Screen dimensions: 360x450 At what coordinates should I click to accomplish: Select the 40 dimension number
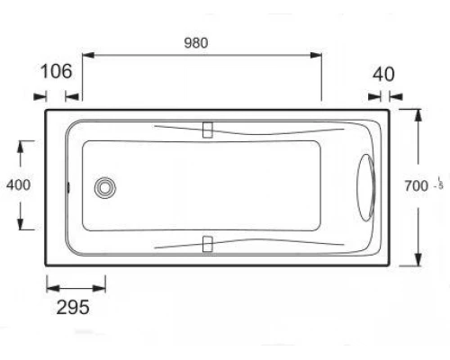point(384,74)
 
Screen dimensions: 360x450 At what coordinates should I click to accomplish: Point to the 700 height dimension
point(417,186)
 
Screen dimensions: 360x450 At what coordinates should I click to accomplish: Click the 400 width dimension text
point(18,185)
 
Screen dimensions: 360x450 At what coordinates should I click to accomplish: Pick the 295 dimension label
point(74,308)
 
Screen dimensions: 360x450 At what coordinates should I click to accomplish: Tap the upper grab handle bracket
point(209,130)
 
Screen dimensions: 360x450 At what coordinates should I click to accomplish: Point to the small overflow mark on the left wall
point(71,187)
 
